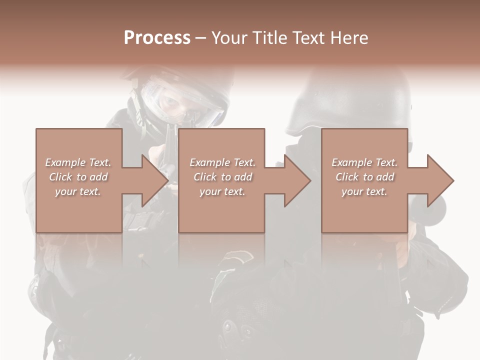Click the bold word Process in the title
[157, 38]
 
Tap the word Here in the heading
[350, 38]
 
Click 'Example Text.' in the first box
[78, 162]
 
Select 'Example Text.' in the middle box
[222, 162]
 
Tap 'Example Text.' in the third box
[364, 162]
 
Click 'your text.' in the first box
[78, 191]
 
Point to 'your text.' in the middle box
[222, 191]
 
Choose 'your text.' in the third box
[364, 191]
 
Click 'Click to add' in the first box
[78, 177]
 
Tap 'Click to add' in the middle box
[222, 177]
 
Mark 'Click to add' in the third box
[364, 177]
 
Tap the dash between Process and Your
[200, 38]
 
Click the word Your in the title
[229, 38]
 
